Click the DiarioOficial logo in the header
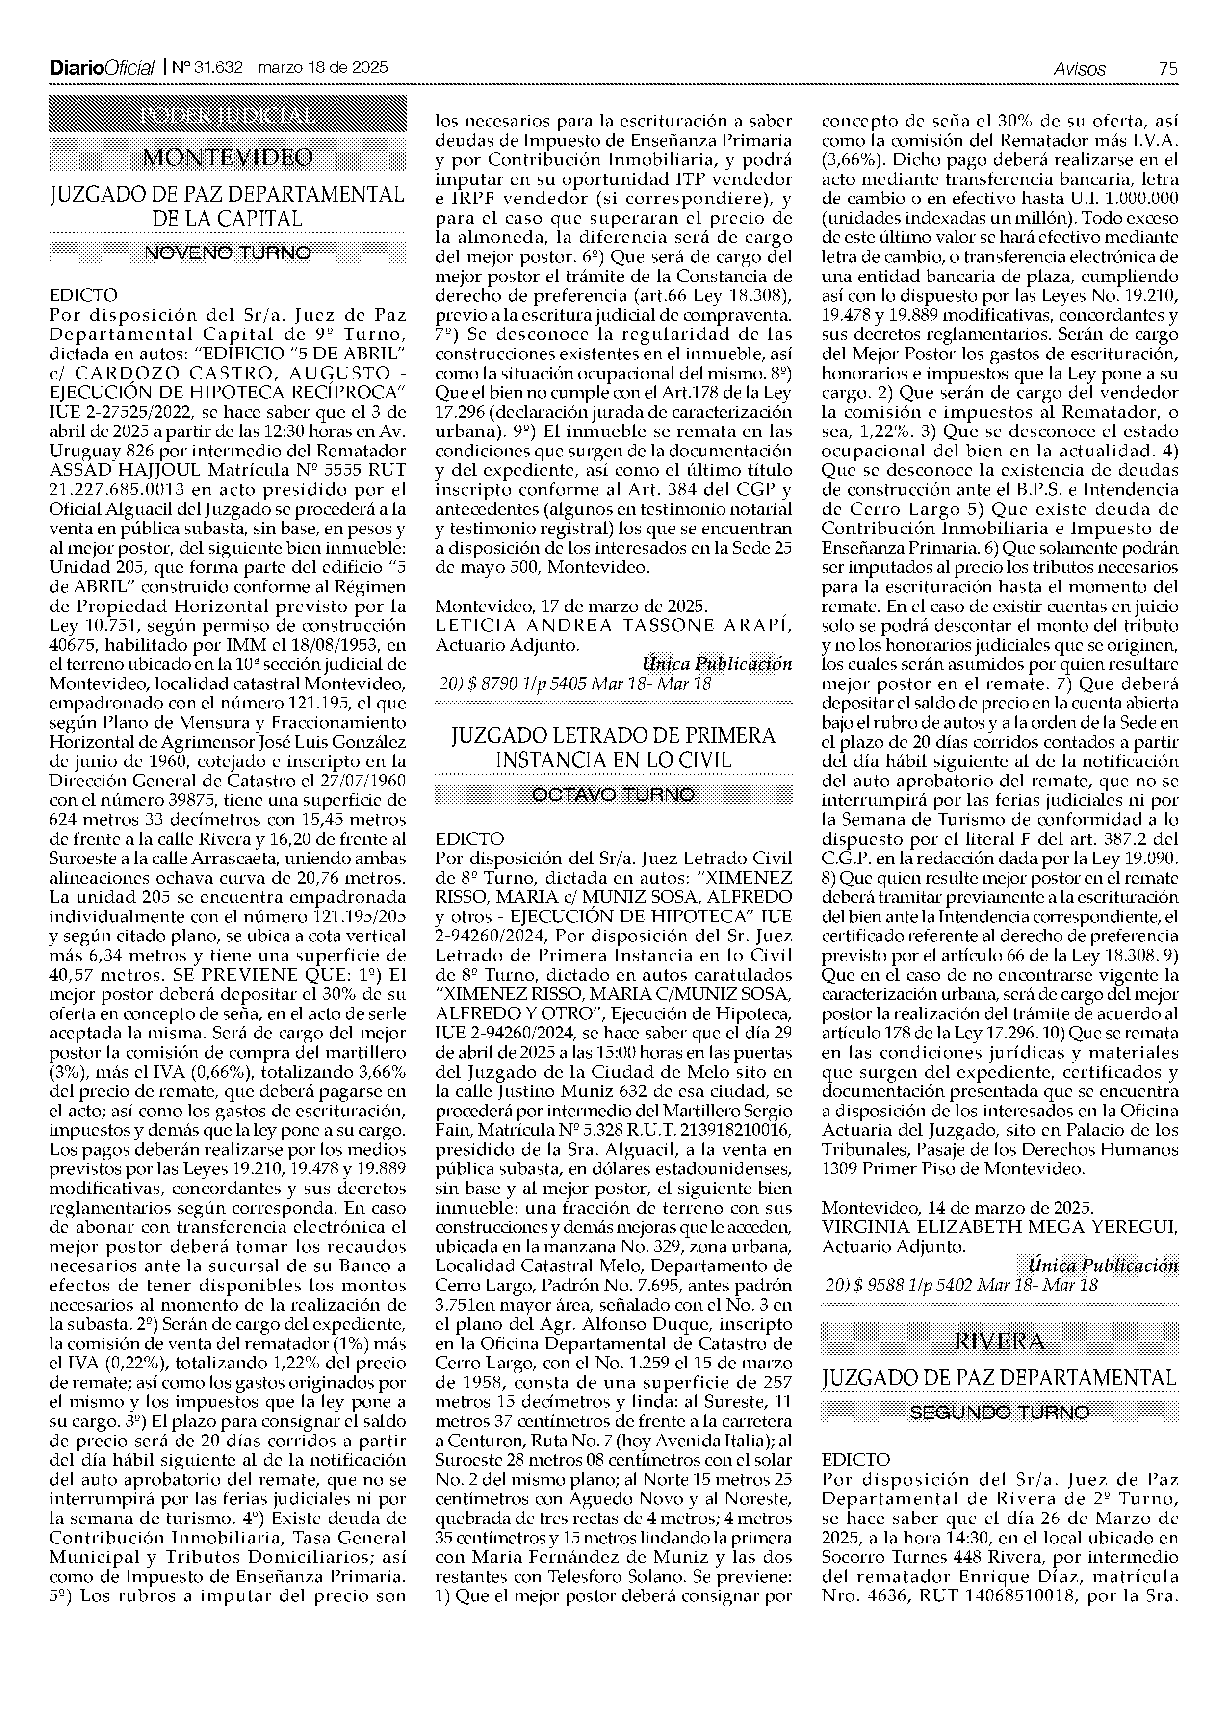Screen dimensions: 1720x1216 102,68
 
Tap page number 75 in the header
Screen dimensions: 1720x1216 1167,68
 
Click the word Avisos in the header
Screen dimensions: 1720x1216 1079,68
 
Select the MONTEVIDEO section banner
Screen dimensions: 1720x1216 227,156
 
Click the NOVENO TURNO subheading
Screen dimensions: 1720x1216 227,253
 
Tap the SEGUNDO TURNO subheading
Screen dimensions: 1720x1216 1000,1412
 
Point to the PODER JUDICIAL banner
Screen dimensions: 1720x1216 227,116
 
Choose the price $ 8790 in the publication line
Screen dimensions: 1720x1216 489,683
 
